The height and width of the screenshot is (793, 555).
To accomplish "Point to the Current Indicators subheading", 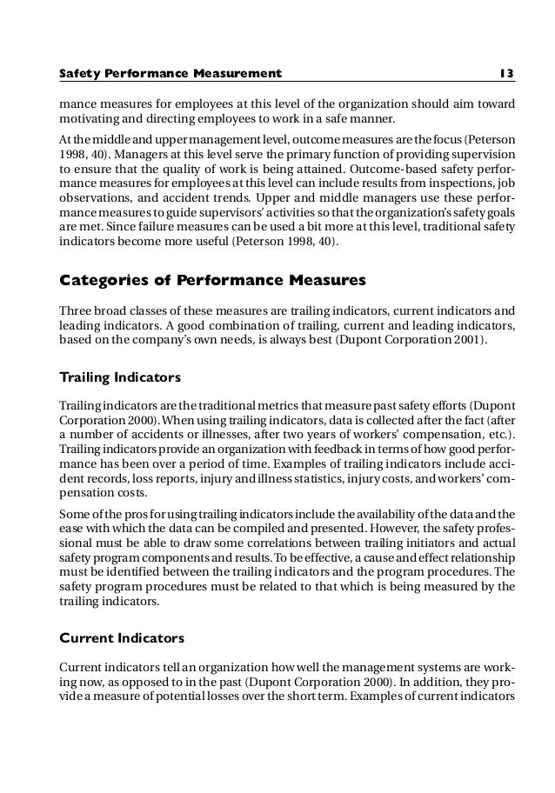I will point(121,638).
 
